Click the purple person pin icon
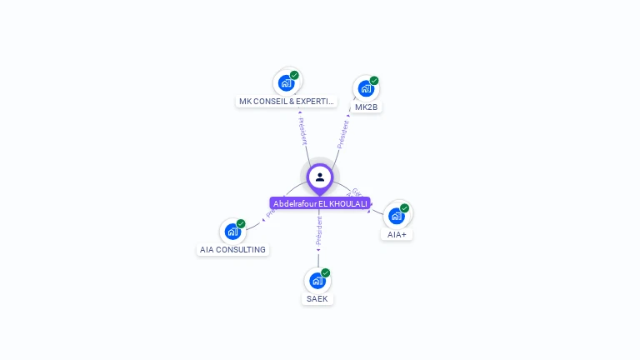[x=320, y=177]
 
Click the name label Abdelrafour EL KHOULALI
[x=320, y=203]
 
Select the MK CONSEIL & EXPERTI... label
[x=287, y=102]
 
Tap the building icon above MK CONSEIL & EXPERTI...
[x=287, y=83]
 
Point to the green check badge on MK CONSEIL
[x=294, y=75]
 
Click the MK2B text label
[x=367, y=107]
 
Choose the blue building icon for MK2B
[x=365, y=88]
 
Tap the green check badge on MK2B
[x=374, y=81]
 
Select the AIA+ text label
[x=397, y=234]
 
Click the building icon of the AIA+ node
[x=397, y=216]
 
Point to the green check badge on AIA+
[x=405, y=207]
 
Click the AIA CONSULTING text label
[x=232, y=249]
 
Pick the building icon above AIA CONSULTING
[x=232, y=231]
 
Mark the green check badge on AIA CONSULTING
[x=241, y=223]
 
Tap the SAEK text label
[x=317, y=298]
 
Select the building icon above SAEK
[x=317, y=280]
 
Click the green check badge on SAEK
[x=326, y=272]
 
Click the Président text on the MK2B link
[x=342, y=135]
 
